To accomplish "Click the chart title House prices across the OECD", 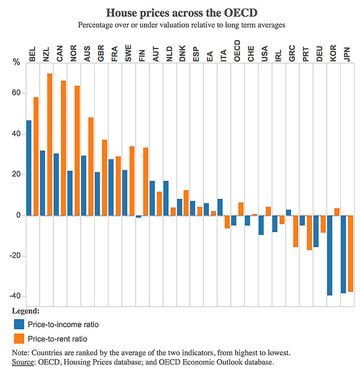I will click(x=179, y=13).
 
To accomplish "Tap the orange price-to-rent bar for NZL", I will click(x=50, y=144).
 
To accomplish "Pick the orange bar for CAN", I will click(x=64, y=148).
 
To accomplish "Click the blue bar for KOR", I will click(x=330, y=255).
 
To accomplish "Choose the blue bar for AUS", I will click(x=84, y=185).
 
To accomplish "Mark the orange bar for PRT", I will click(x=309, y=232).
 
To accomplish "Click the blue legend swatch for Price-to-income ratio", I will click(x=19, y=324).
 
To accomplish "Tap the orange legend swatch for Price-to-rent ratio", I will click(x=19, y=338).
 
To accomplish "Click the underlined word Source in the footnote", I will click(x=25, y=362).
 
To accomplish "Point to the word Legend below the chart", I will click(x=26, y=311).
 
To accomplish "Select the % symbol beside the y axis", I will click(x=16, y=62).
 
